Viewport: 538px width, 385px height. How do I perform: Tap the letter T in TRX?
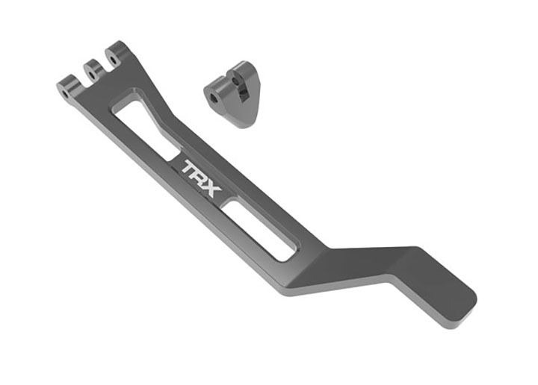coord(191,168)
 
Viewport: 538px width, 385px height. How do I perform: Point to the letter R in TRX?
coord(202,178)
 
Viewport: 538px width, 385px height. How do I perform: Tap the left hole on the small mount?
coord(214,97)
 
